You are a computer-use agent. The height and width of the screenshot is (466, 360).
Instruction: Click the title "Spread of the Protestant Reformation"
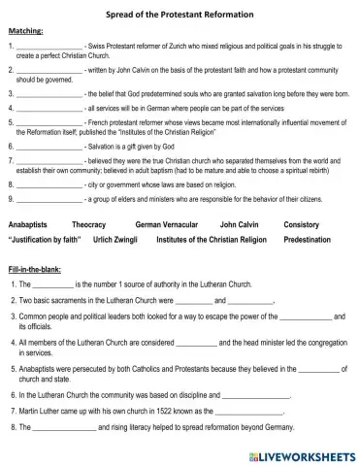(x=180, y=16)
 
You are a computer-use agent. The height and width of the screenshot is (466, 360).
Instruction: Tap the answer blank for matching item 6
(x=49, y=146)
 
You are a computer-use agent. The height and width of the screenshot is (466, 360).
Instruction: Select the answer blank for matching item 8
(x=49, y=182)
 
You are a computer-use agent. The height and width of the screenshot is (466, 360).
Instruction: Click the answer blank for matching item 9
(x=49, y=198)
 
